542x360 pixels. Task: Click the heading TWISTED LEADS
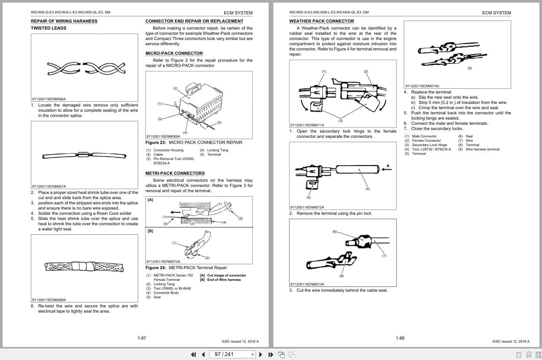coord(48,28)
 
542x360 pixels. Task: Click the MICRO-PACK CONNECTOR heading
coord(174,53)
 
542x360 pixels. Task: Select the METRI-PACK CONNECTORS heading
coord(175,173)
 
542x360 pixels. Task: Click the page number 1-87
coord(141,338)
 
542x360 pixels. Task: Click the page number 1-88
coord(400,338)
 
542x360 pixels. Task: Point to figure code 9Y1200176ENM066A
coord(49,99)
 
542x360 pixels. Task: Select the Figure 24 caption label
coord(156,268)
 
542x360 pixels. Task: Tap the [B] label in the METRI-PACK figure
coord(150,231)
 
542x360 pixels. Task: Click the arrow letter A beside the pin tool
coord(387,166)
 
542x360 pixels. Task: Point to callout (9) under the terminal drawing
coord(469,68)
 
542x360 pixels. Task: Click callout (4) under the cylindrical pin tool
coord(367,189)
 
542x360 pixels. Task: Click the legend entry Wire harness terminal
coord(482,149)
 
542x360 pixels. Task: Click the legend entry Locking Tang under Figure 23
coord(216,150)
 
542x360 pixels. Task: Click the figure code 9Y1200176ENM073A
coord(307,284)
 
